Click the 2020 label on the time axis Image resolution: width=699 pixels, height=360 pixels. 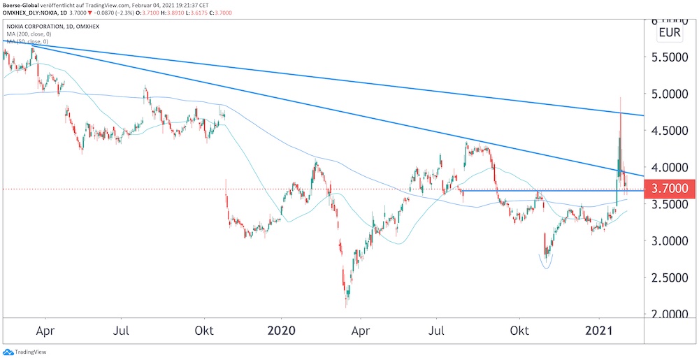282,330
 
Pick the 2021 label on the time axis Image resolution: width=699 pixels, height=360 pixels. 598,330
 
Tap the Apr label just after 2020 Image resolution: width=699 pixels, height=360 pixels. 361,330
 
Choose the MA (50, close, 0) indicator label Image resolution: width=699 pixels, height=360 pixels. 30,42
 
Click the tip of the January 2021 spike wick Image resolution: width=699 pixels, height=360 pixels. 621,97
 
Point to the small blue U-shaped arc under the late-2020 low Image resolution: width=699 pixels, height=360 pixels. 547,264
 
